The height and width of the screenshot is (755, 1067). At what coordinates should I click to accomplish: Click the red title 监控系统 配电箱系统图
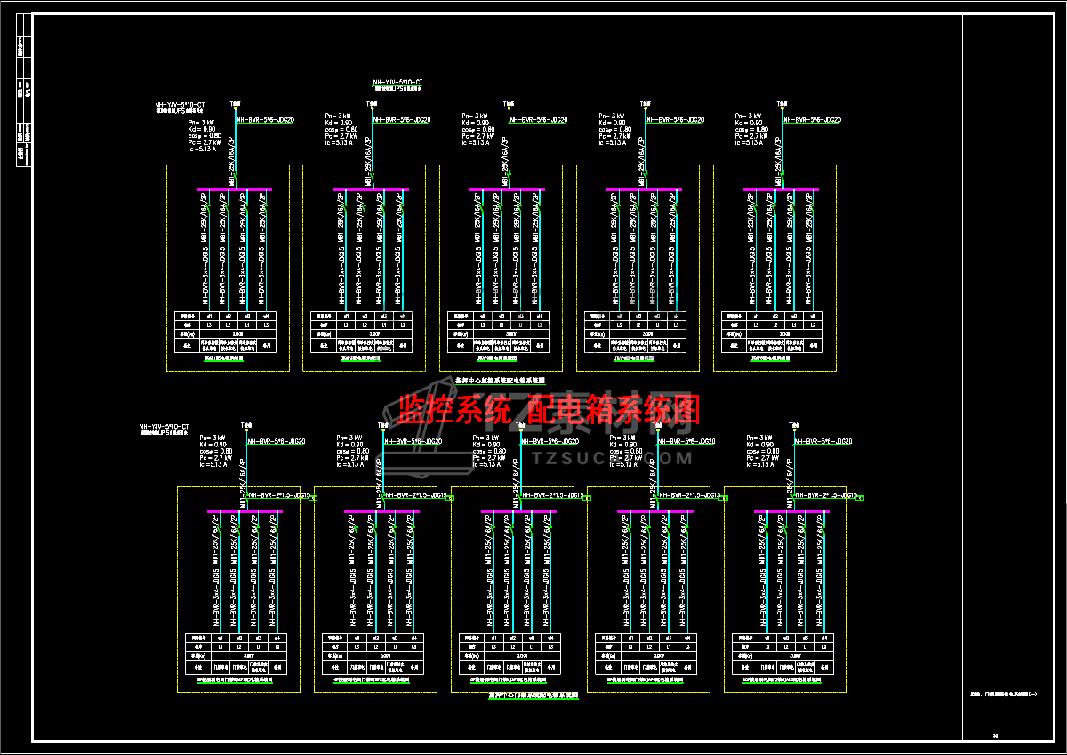coord(549,410)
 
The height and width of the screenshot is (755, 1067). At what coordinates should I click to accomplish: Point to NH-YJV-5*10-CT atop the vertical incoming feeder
coord(397,82)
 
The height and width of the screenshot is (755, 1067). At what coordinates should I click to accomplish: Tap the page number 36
coord(995,735)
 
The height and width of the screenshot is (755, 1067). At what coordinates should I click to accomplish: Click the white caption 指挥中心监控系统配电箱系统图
coord(506,379)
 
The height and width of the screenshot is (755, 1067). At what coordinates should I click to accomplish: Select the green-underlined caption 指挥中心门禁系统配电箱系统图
coord(533,695)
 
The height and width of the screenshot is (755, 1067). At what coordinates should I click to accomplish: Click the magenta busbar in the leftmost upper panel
coord(234,189)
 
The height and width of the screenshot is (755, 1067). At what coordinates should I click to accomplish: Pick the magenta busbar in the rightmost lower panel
coord(791,511)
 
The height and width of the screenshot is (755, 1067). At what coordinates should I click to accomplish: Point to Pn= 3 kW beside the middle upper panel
coord(475,116)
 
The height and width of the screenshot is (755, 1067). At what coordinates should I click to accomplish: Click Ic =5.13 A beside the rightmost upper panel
coord(749,142)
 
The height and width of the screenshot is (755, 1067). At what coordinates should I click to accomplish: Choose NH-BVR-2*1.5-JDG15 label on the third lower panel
coord(552,495)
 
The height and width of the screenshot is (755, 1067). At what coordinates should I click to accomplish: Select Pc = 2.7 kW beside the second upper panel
coord(342,135)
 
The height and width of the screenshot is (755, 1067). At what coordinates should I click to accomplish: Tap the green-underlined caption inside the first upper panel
coord(229,359)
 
